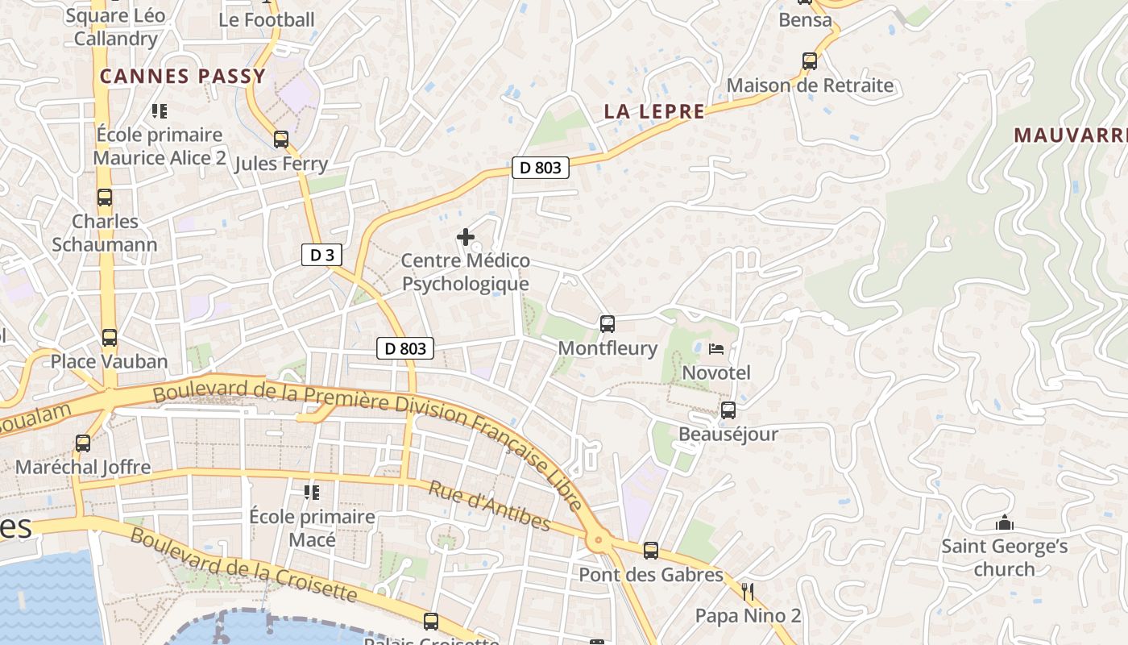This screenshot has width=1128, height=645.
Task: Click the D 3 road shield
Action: click(x=321, y=256)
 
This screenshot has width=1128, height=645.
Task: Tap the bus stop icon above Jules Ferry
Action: click(x=280, y=139)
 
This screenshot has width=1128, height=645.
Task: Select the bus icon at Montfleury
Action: click(x=608, y=324)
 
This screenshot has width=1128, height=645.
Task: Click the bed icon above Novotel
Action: click(x=716, y=349)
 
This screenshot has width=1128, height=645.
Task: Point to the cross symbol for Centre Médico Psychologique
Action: click(x=466, y=237)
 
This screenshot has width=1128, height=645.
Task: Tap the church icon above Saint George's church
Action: click(x=1004, y=523)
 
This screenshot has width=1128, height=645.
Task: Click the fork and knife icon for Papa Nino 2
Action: click(x=748, y=592)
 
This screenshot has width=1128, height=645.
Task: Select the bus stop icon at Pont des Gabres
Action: click(x=651, y=551)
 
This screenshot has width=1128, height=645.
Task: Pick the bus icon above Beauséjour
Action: click(x=728, y=410)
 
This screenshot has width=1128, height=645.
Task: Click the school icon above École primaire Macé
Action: click(x=312, y=492)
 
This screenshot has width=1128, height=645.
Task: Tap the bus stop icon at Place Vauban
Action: click(x=110, y=338)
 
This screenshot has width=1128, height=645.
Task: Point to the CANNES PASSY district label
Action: click(x=183, y=77)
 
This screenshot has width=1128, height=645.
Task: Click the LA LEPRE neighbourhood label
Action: click(x=654, y=112)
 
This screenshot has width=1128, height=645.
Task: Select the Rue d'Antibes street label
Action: click(x=489, y=507)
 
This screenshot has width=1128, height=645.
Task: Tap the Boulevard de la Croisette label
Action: click(x=243, y=565)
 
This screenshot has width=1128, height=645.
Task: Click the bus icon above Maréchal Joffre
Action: click(x=83, y=443)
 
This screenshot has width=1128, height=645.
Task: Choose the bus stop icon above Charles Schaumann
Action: click(x=105, y=198)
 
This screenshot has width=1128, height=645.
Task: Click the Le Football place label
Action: click(x=267, y=20)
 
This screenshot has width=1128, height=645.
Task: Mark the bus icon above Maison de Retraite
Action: click(x=810, y=61)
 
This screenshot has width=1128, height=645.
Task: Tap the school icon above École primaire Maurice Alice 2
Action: click(x=160, y=110)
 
